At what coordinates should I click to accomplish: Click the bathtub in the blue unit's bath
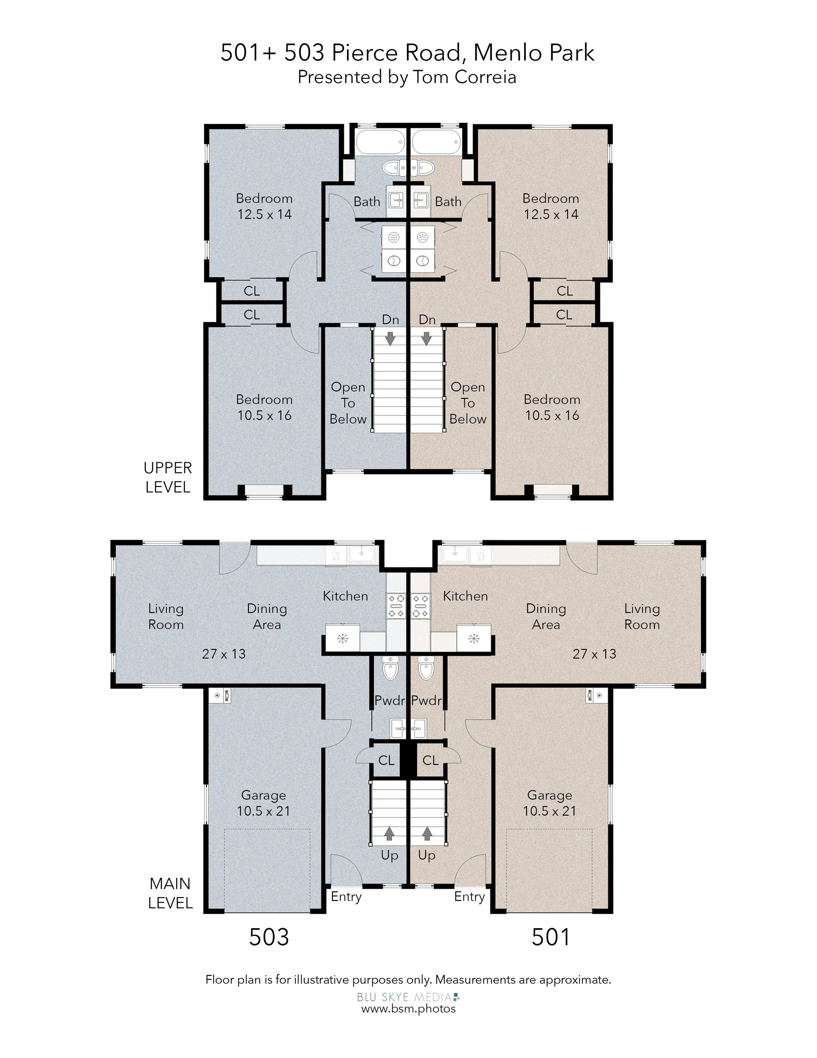(x=380, y=142)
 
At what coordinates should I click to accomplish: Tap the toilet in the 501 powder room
(x=426, y=668)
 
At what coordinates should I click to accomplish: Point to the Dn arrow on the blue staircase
(x=390, y=338)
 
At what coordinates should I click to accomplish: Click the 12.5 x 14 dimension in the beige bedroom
(x=551, y=214)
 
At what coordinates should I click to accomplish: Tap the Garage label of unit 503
(x=263, y=795)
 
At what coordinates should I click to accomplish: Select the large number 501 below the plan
(x=551, y=937)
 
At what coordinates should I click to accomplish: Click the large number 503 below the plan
(x=269, y=937)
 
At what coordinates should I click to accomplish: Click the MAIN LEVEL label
(x=170, y=893)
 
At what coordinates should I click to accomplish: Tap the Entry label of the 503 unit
(x=346, y=897)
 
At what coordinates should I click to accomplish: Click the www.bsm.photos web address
(x=408, y=1009)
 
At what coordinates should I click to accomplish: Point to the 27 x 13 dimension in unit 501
(x=594, y=654)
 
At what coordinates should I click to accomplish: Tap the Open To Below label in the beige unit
(x=468, y=403)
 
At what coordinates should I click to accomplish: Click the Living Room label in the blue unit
(x=166, y=617)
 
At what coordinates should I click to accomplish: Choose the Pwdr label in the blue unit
(x=390, y=701)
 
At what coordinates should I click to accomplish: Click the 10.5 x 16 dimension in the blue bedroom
(x=264, y=415)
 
